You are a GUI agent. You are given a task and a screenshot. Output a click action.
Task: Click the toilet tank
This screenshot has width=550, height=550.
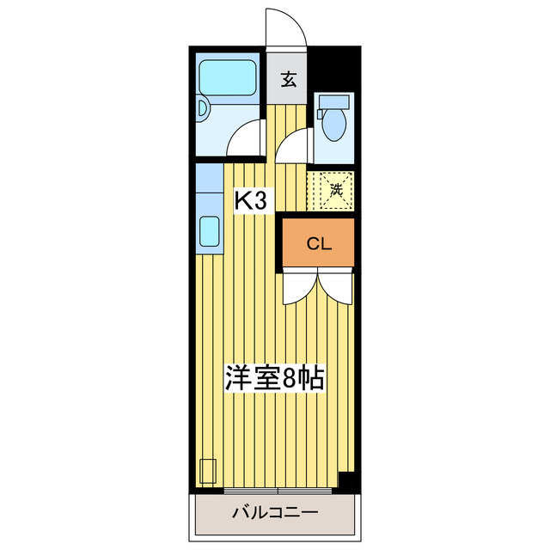330,102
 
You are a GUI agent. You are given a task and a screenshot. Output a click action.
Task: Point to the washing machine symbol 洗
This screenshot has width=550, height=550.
337,187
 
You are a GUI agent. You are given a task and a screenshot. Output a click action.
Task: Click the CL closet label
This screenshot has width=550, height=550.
319,244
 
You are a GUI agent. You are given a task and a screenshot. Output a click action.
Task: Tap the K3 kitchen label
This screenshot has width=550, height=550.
254,201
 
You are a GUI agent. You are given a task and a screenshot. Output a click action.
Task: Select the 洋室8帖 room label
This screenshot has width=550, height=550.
274,378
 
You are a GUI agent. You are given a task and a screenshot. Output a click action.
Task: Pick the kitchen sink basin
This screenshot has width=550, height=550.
210,230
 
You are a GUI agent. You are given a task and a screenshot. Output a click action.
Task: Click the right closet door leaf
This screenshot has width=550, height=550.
334,287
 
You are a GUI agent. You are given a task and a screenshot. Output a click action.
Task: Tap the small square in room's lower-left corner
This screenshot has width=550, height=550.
207,472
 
